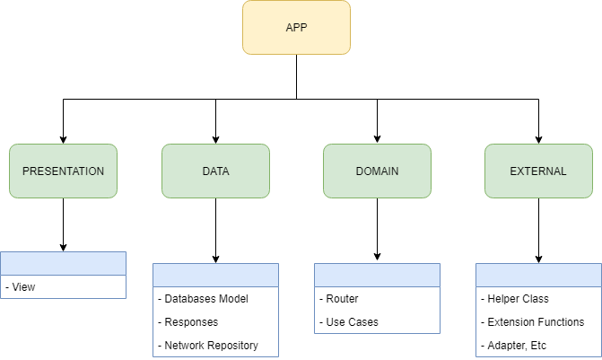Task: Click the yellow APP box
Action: point(296,27)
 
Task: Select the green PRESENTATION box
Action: point(63,171)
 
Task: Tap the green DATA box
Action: point(215,171)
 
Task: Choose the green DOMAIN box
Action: point(377,171)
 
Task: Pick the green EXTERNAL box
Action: point(538,171)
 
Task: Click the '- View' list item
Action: point(23,287)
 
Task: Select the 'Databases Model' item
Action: point(204,299)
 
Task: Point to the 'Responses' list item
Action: point(191,321)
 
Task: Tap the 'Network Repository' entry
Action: point(209,345)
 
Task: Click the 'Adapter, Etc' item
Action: point(517,345)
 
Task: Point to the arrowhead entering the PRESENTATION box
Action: point(63,138)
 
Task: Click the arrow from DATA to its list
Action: point(215,230)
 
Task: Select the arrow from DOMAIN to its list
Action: point(377,230)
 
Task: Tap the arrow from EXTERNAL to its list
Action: point(538,230)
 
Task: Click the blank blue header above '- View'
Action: point(63,263)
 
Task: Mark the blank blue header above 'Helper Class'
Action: point(538,275)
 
